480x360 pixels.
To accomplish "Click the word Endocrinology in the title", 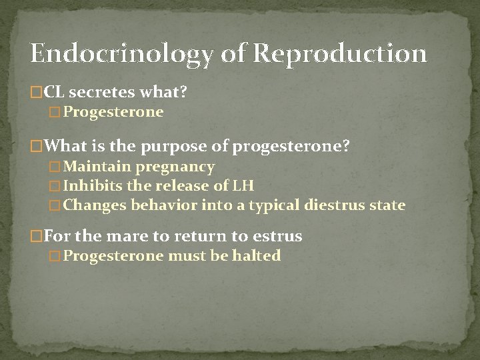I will (121, 54).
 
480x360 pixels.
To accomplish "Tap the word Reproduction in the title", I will (340, 54).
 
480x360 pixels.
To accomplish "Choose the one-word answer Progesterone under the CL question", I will (113, 112).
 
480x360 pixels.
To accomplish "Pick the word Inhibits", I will (93, 186).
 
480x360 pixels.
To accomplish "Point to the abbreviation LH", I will (243, 186).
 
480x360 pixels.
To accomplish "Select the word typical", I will (274, 205).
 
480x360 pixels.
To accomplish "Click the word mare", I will (114, 236).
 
